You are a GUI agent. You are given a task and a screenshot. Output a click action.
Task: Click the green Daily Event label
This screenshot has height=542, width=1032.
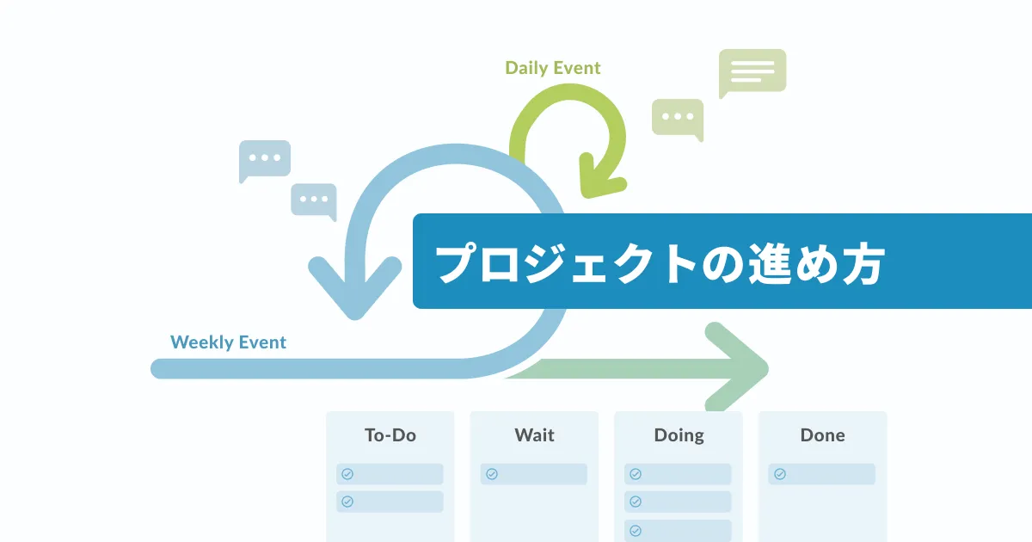pos(552,68)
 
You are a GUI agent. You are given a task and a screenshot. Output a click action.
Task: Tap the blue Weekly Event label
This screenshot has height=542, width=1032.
pos(228,342)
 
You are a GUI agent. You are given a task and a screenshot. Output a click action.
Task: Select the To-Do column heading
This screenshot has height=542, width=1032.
pos(390,435)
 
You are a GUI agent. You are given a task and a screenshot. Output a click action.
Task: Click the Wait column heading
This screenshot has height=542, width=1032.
pos(534,435)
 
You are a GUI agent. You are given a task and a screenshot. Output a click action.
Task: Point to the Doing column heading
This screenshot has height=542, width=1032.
pos(679,435)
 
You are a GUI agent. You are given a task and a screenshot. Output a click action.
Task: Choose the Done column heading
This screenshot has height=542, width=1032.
pos(822,435)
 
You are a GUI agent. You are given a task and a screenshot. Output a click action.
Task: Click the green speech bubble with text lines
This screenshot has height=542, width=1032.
pos(752,71)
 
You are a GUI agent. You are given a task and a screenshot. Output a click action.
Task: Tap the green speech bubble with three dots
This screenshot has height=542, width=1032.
pos(678,117)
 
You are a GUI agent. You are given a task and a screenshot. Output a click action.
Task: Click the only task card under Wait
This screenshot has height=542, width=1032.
pos(534,474)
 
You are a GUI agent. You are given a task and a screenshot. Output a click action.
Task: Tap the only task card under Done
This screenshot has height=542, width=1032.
pos(822,474)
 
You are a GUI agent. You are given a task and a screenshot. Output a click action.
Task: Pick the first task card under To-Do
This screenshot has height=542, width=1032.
pos(390,474)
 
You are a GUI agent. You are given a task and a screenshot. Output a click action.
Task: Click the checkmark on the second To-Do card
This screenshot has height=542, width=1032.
pos(347,502)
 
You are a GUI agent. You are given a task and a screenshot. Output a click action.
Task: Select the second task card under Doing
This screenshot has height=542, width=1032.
pos(679,502)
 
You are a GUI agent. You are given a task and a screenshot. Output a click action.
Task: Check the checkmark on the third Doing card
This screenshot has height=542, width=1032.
pos(636,530)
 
